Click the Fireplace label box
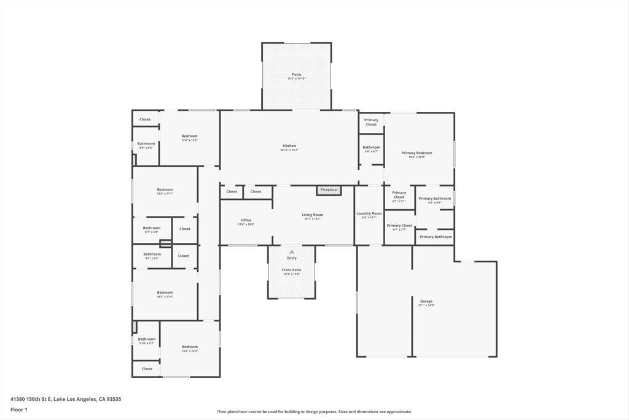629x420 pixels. point(329,190)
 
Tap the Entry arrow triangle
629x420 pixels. point(292,252)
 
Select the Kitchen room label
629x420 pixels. point(289,146)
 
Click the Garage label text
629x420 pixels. point(426,301)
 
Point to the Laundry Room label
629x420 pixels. point(369,213)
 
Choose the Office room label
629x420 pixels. point(246,220)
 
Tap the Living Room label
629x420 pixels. point(312,215)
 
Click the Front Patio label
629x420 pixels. point(292,270)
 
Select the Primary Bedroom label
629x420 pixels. point(416,153)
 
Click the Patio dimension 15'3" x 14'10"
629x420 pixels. point(297,79)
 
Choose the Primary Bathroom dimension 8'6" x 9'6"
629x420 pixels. point(434,202)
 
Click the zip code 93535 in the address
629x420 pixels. point(113,399)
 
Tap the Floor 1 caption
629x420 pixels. point(18,410)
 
